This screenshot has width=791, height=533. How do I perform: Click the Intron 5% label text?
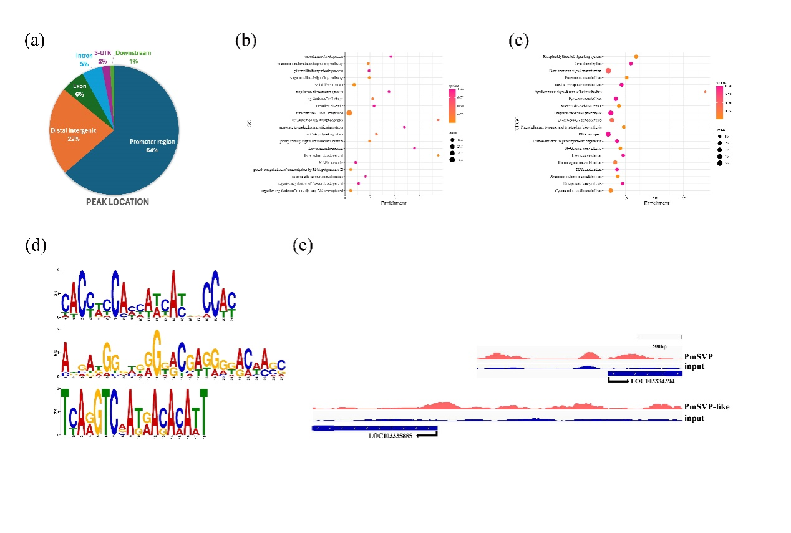[83, 60]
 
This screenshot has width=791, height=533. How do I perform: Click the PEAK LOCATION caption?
[117, 202]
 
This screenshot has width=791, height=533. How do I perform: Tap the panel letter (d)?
[34, 245]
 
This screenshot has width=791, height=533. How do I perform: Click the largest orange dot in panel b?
[349, 113]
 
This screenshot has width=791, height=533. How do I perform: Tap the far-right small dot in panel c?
[705, 92]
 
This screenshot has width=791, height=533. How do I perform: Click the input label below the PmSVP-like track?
[695, 418]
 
